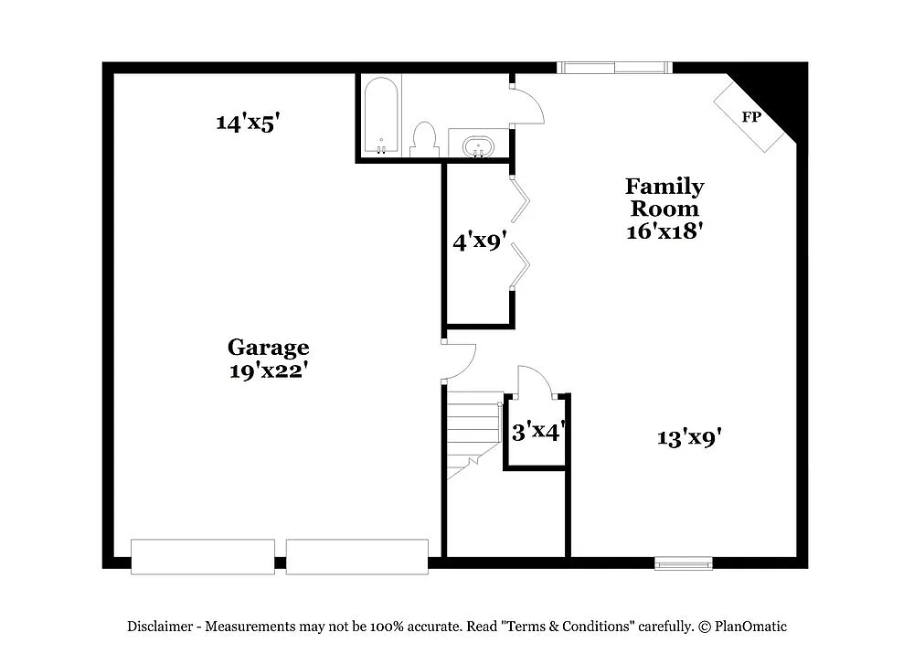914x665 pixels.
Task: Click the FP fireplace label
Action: coord(751,117)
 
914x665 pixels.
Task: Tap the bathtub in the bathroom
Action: coord(381,116)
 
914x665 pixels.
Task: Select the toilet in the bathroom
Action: coord(423,139)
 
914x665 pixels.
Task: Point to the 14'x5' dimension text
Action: coord(246,123)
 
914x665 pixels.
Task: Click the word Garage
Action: coord(268,348)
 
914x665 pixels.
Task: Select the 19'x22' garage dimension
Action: coord(268,370)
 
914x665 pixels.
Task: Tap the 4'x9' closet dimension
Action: coord(480,242)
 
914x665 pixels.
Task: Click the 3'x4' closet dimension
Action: coord(536,432)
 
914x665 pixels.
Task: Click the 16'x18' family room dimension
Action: coord(664,231)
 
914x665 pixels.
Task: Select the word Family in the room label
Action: coord(664,187)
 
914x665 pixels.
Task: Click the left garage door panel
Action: coord(203,556)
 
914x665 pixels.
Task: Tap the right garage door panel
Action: coord(357,556)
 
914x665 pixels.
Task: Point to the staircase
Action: coord(473,434)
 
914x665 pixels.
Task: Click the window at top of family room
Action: coord(613,67)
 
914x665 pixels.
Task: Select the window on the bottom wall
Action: coord(684,563)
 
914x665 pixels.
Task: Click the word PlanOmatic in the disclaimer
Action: coord(751,627)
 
